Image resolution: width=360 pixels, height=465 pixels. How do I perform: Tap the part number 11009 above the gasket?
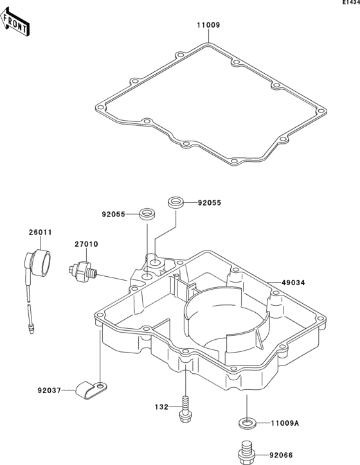click(209, 25)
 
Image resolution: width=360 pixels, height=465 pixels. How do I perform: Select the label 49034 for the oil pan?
click(293, 283)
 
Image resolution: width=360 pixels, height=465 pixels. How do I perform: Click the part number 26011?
click(40, 232)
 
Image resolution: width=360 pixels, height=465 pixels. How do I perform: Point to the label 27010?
click(86, 244)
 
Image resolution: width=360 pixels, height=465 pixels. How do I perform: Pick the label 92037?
click(50, 390)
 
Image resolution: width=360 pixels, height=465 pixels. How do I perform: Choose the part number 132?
click(161, 407)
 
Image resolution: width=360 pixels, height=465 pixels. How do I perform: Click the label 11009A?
click(285, 423)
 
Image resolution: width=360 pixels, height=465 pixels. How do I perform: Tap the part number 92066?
click(281, 455)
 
